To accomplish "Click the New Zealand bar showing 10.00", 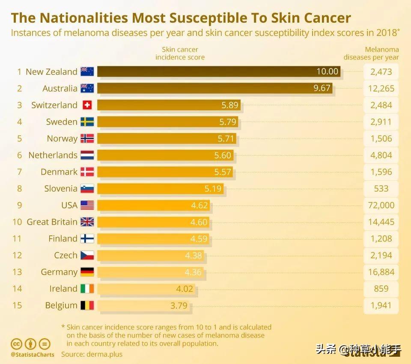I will (218, 71).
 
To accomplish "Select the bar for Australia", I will (214, 88).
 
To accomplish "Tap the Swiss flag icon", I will (87, 105).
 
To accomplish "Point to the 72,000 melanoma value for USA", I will (381, 205).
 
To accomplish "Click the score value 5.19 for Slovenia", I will (213, 189).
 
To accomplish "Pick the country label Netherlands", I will (53, 155).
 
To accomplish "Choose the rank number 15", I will (17, 305).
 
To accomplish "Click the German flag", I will (87, 272).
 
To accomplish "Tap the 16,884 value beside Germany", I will (381, 272).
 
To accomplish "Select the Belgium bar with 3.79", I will (143, 305).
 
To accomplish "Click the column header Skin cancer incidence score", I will (180, 53).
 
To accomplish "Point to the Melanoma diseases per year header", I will (371, 53).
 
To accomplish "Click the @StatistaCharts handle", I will (33, 355).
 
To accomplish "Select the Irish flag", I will (87, 289).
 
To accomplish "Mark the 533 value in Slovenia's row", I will (381, 189).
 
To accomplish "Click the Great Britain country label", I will (52, 222).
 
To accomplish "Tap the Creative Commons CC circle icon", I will (16, 343).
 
